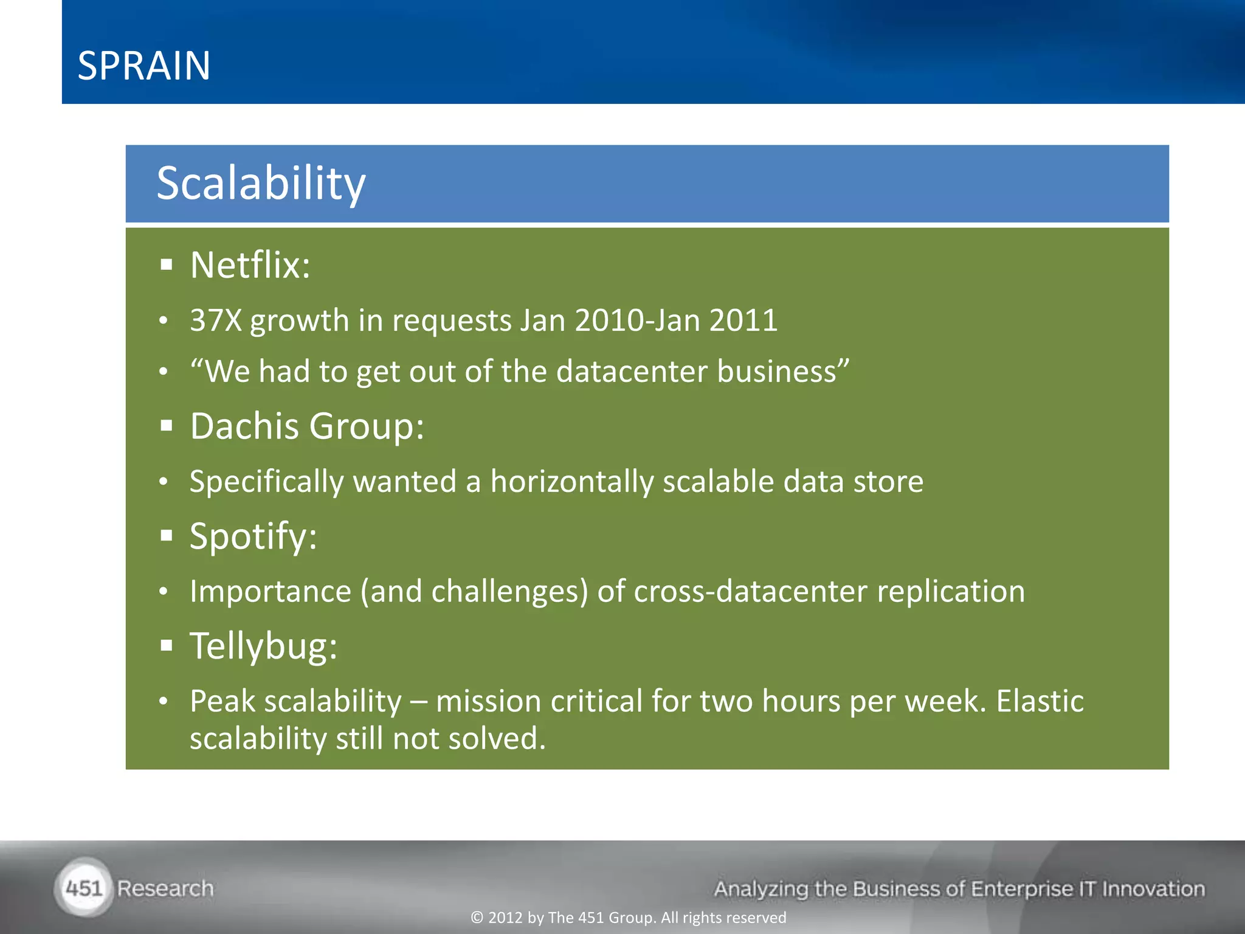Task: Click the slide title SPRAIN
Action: coord(144,66)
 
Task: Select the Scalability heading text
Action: coord(261,183)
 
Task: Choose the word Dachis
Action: coord(244,426)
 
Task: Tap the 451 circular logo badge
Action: coord(84,888)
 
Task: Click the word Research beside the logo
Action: coord(165,888)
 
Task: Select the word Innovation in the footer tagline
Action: coord(1153,889)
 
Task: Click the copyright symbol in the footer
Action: coord(477,918)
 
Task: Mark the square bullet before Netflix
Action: coord(167,265)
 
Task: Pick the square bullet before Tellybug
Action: coord(167,646)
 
